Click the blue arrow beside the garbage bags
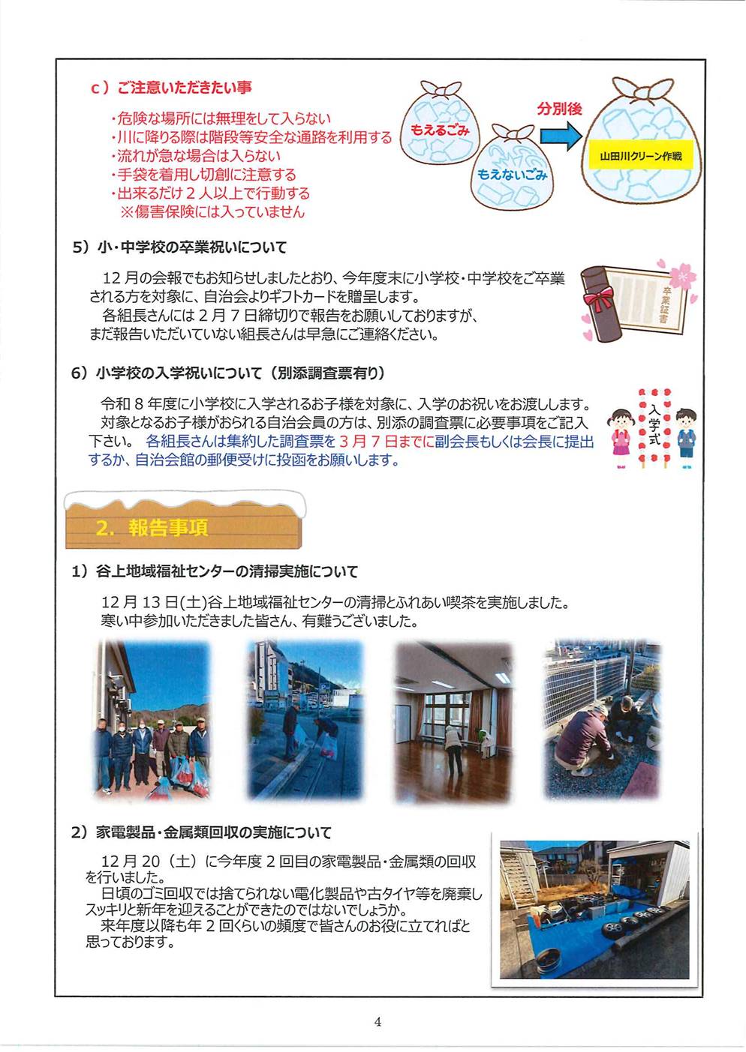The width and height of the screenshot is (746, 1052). (x=561, y=136)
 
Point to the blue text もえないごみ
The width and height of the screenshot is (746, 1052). (x=512, y=175)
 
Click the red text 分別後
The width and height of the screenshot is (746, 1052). (x=559, y=109)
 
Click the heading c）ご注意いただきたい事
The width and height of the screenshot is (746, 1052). (x=171, y=88)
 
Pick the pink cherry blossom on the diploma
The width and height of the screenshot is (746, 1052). (x=682, y=275)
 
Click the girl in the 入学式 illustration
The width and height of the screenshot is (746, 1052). (x=621, y=438)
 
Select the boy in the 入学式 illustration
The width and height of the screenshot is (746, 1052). (x=686, y=438)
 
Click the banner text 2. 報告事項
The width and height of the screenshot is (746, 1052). (x=152, y=528)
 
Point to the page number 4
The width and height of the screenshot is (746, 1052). (x=378, y=1021)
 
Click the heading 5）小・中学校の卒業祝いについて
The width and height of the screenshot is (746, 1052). (x=179, y=247)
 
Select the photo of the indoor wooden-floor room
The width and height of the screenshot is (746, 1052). (x=453, y=721)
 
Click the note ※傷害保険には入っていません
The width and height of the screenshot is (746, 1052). (x=213, y=211)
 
